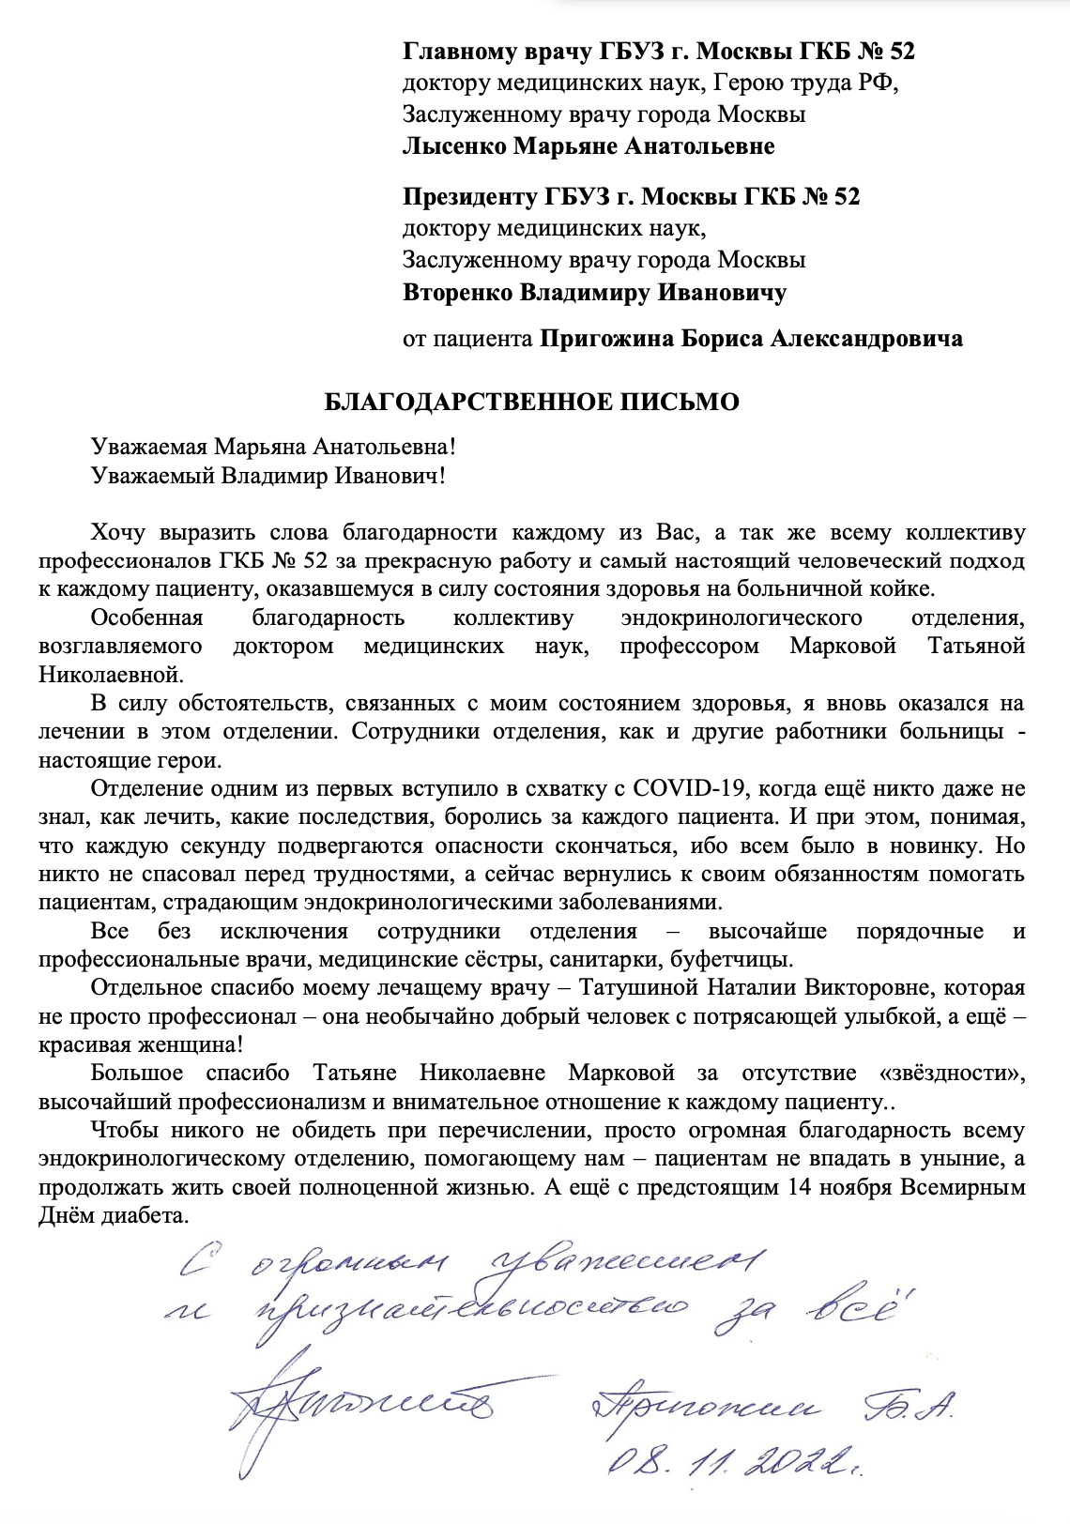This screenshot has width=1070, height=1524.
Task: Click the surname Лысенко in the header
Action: (454, 146)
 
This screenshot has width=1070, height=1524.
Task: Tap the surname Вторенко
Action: (456, 293)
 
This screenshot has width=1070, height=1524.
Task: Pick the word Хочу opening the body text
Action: (117, 533)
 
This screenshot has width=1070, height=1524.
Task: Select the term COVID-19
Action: (692, 788)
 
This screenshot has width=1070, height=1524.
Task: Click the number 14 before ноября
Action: (799, 1187)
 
